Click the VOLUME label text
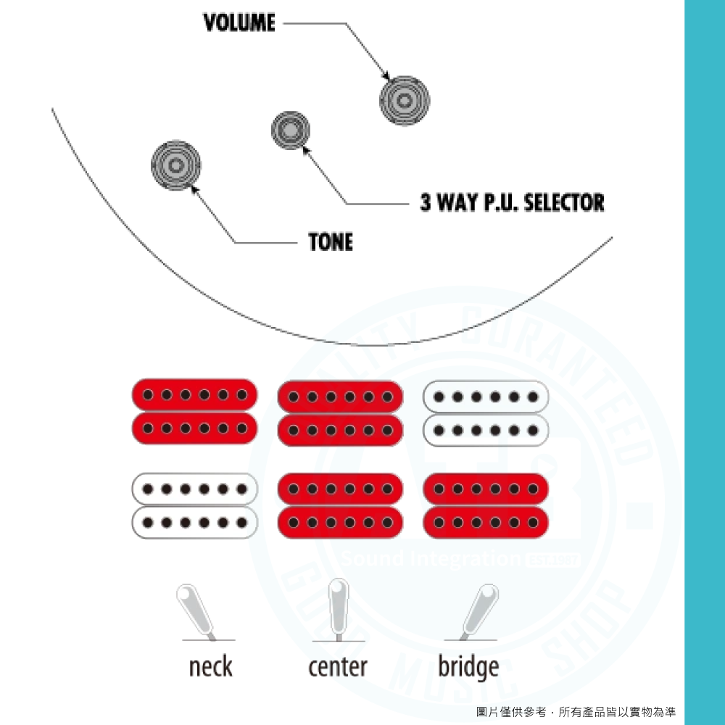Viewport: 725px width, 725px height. (239, 23)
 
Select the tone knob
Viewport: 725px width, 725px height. (175, 165)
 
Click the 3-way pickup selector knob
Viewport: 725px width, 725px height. (290, 130)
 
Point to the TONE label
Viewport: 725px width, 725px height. (331, 242)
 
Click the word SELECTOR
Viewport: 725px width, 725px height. (563, 202)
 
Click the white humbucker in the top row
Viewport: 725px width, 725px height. (486, 413)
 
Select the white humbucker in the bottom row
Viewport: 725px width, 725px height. (195, 505)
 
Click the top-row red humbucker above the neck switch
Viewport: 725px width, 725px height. (195, 412)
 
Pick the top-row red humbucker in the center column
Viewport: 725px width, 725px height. (340, 413)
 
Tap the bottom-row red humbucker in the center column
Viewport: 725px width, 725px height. (340, 505)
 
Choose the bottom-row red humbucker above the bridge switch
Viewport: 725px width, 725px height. (486, 505)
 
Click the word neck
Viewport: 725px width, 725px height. (210, 666)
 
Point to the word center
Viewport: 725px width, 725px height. (338, 666)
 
